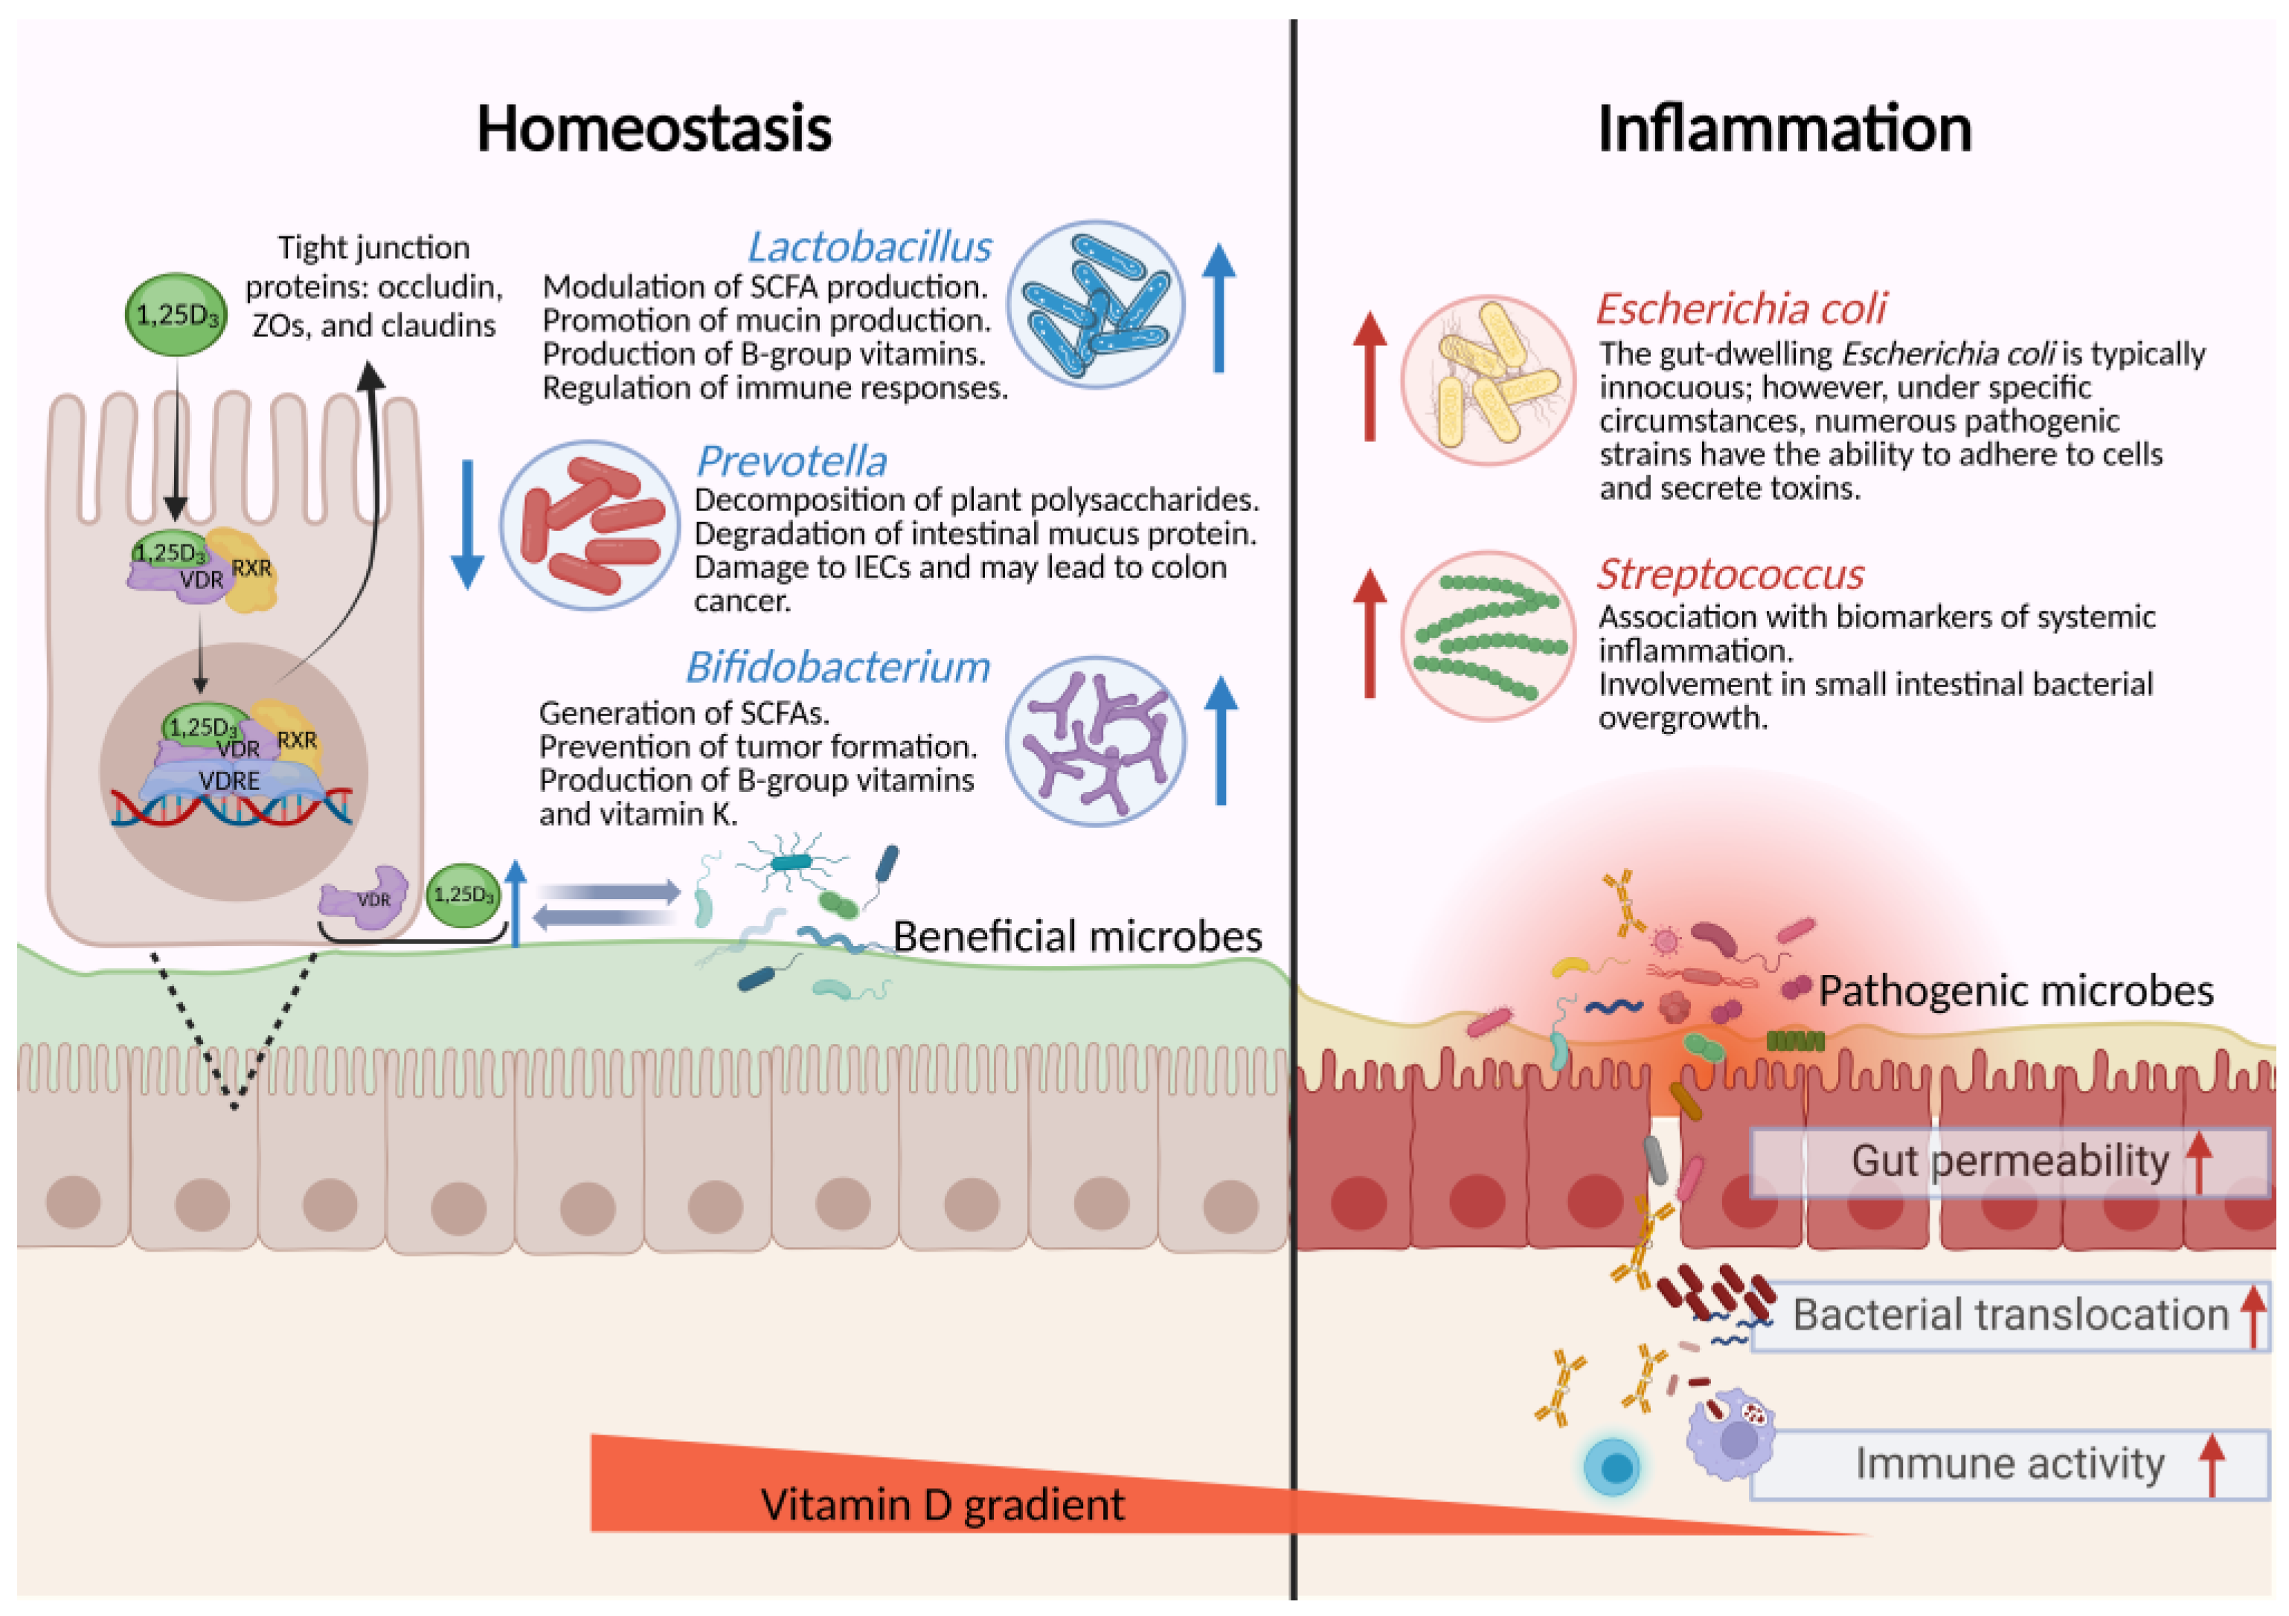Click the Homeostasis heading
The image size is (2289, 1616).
(x=653, y=129)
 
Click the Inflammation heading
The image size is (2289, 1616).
(x=1784, y=129)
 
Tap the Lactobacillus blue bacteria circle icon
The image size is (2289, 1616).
(x=1094, y=304)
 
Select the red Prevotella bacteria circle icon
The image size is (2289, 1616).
(x=589, y=525)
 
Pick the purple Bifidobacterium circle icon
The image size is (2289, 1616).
(x=1094, y=741)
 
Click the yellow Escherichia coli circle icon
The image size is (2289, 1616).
(x=1488, y=380)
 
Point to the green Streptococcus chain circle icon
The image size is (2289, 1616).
(x=1488, y=636)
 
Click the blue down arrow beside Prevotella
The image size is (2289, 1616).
(x=466, y=524)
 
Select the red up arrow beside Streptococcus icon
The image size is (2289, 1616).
(x=1370, y=632)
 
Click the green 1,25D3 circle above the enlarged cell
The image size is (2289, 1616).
(x=176, y=315)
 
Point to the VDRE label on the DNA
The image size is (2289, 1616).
(x=229, y=781)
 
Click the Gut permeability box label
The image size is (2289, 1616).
(x=2009, y=1162)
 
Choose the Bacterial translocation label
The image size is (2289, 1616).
(x=2009, y=1315)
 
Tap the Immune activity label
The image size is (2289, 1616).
(x=2009, y=1464)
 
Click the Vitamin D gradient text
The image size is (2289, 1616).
(x=941, y=1504)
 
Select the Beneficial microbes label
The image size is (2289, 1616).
(x=1076, y=936)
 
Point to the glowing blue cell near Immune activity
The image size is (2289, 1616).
(x=1612, y=1467)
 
